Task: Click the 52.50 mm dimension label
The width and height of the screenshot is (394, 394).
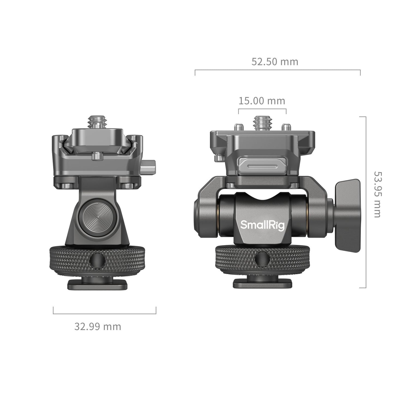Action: point(275,62)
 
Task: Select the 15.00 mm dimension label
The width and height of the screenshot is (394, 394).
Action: point(262,101)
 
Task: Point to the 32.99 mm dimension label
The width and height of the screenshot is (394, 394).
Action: point(98,326)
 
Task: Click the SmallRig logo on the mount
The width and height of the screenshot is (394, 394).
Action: point(262,225)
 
